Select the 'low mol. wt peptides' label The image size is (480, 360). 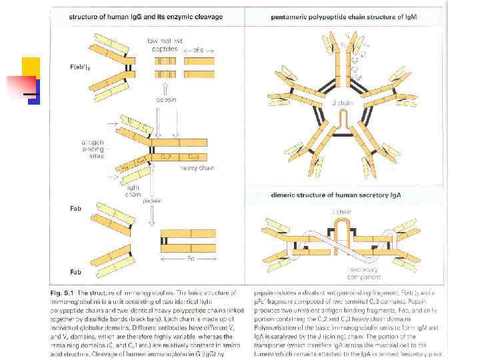(x=164, y=45)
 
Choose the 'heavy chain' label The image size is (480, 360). (x=197, y=167)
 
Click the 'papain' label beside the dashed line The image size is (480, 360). (x=152, y=199)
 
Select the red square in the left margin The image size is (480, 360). (x=20, y=87)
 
